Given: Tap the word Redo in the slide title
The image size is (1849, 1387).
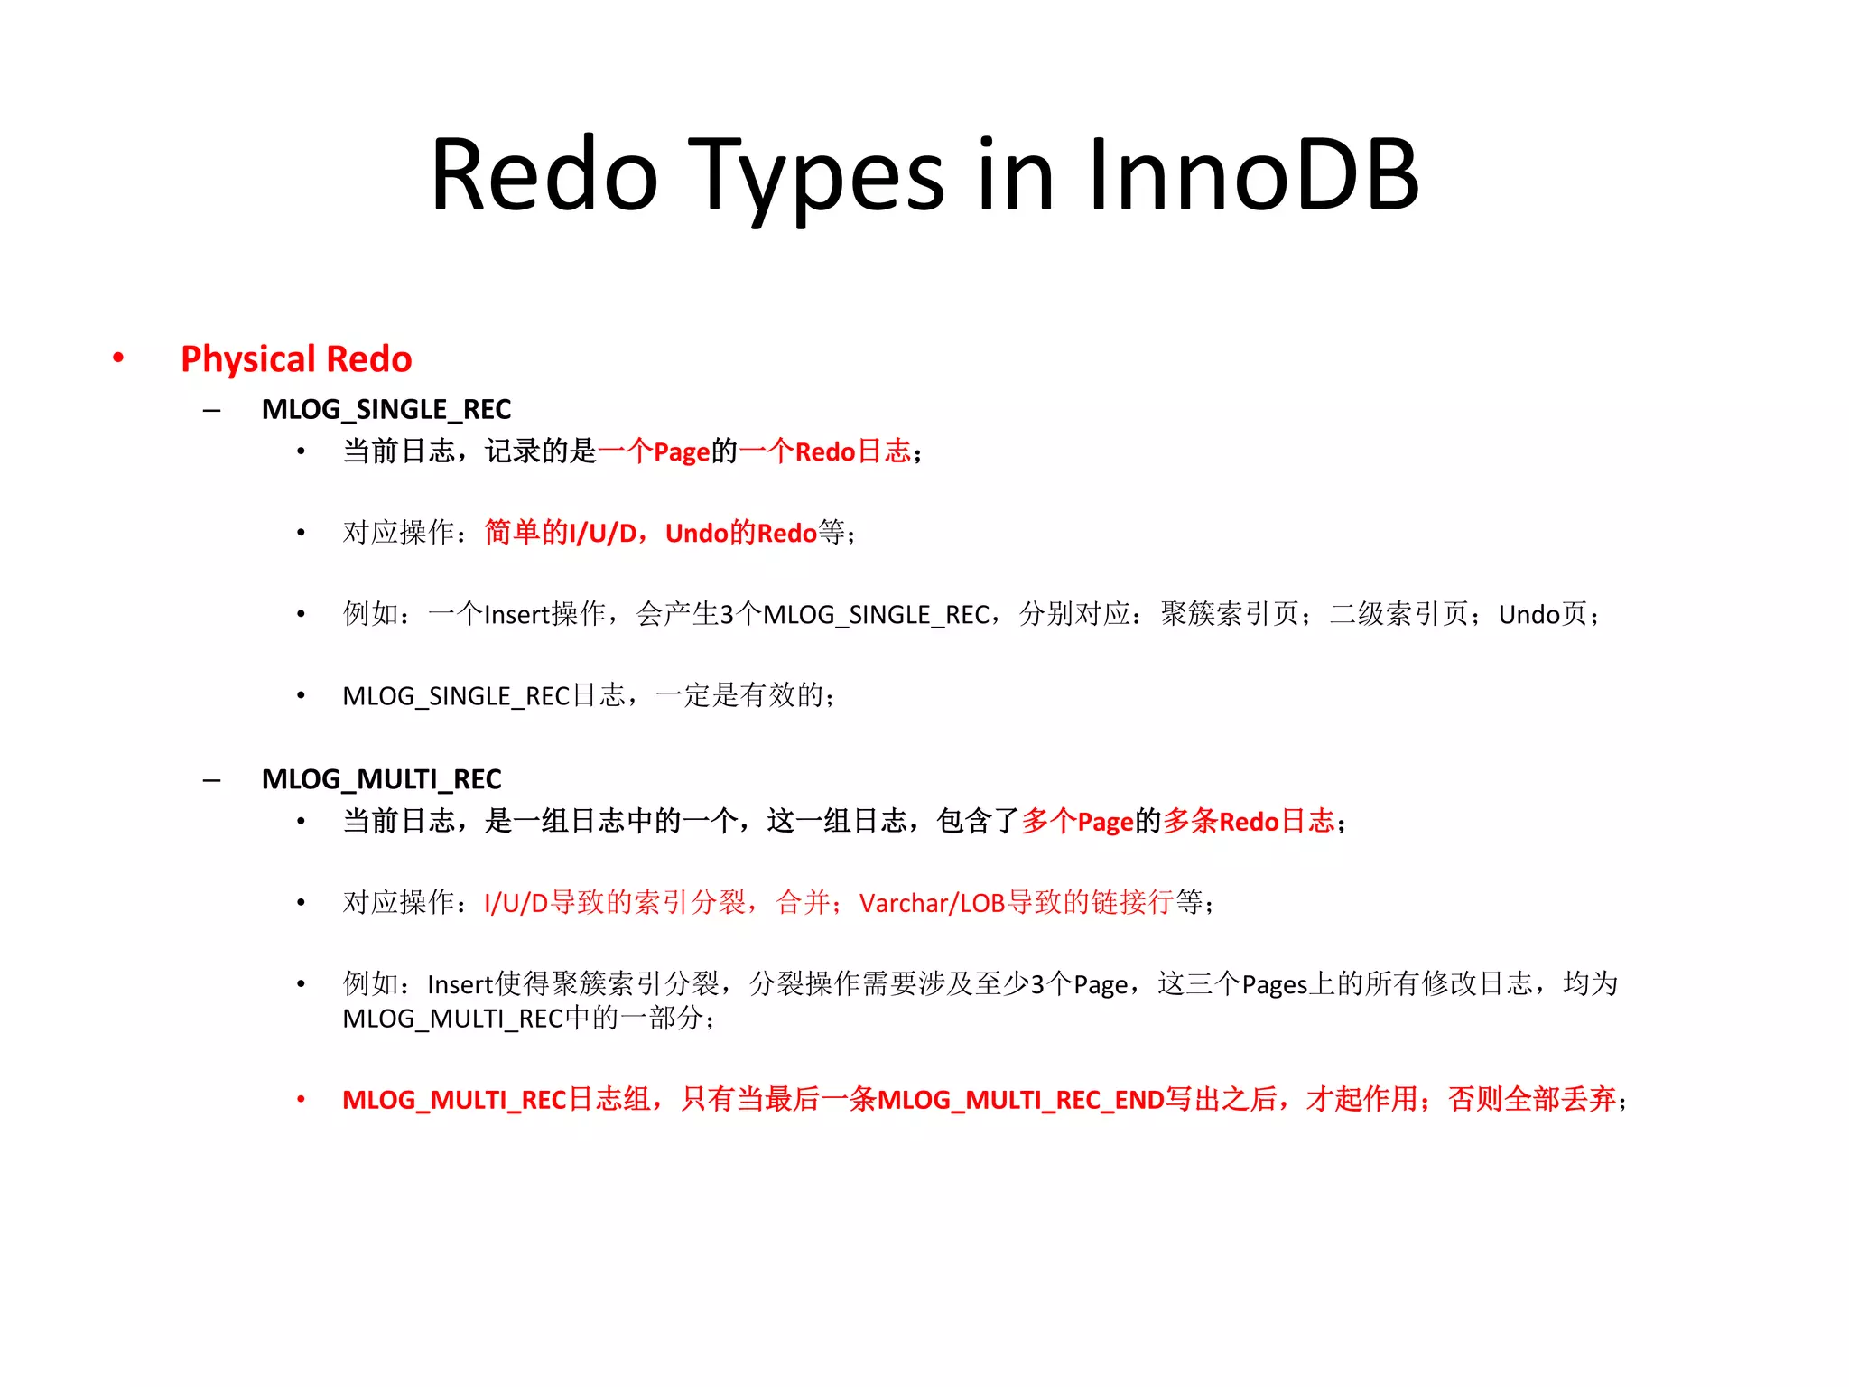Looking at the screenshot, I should pyautogui.click(x=544, y=176).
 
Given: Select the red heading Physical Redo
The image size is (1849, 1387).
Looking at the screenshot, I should pyautogui.click(x=296, y=359).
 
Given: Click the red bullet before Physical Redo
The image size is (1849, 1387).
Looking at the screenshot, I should pyautogui.click(x=118, y=358).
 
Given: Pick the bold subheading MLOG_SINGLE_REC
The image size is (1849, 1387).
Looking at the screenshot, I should pyautogui.click(x=386, y=410).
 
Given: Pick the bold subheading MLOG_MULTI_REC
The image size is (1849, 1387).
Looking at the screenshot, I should pyautogui.click(x=381, y=779).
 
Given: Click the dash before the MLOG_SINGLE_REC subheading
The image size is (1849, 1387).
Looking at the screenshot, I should pyautogui.click(x=212, y=411).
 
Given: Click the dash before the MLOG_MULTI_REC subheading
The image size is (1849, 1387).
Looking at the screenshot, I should pyautogui.click(x=212, y=780).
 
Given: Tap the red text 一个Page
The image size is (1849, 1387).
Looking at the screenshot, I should pyautogui.click(x=654, y=451).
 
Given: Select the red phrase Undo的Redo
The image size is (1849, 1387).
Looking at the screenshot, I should pyautogui.click(x=740, y=533).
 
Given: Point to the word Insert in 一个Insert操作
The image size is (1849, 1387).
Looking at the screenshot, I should pyautogui.click(x=517, y=615).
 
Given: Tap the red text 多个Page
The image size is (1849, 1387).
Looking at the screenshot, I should pyautogui.click(x=1077, y=822).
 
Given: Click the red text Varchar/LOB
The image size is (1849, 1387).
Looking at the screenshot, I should pyautogui.click(x=932, y=903).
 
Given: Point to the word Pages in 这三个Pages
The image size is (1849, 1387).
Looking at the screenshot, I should pyautogui.click(x=1274, y=984).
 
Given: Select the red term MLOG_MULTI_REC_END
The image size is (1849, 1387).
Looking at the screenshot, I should pyautogui.click(x=1020, y=1100).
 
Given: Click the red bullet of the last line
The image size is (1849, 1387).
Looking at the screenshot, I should pyautogui.click(x=302, y=1100).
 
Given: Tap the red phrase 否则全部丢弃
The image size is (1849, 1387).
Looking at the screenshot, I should pyautogui.click(x=1531, y=1100).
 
